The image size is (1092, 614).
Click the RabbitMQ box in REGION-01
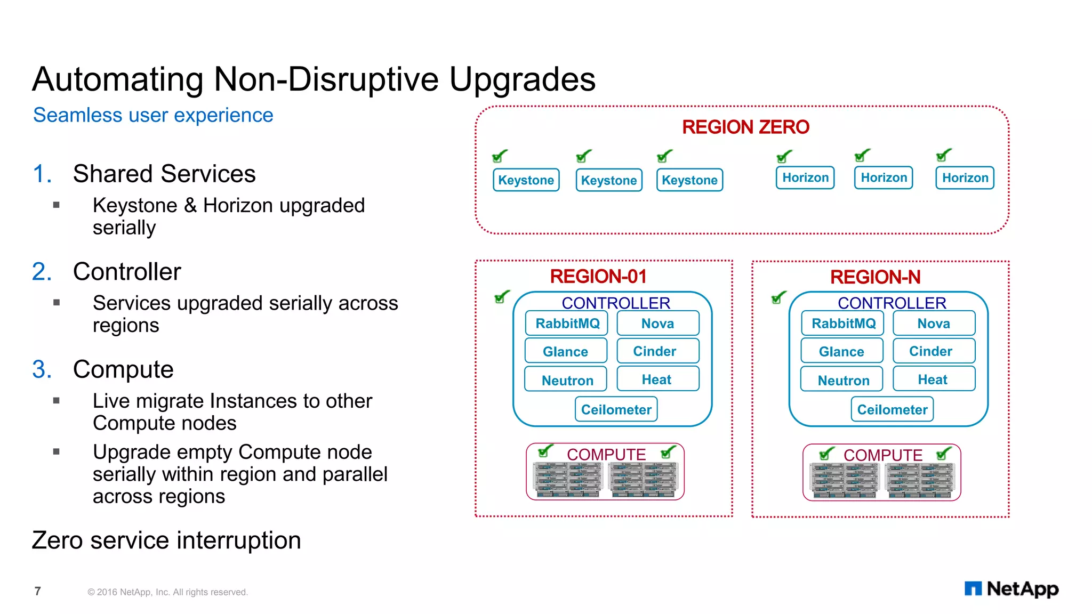point(567,324)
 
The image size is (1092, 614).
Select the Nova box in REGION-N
point(934,324)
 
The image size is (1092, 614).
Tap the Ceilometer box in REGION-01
point(616,409)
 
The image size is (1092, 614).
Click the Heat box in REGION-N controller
point(933,379)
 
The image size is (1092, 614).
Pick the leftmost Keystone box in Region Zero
point(526,180)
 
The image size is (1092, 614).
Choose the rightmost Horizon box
point(965,177)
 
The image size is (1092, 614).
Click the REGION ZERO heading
point(745,127)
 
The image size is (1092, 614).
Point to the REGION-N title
point(875,277)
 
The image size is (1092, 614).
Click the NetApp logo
point(1011,588)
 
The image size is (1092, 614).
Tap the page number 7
point(37,591)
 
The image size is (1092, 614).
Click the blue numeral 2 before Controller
point(42,272)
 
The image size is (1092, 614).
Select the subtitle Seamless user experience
point(153,115)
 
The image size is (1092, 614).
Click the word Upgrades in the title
point(522,79)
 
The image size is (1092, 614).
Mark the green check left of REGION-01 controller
point(502,296)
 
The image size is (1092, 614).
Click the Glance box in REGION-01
point(565,351)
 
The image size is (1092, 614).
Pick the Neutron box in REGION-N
point(843,380)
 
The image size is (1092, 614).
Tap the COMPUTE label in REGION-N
point(882,455)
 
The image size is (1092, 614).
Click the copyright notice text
point(167,592)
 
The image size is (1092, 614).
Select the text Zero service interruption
point(166,540)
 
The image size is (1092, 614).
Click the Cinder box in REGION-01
point(654,351)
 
